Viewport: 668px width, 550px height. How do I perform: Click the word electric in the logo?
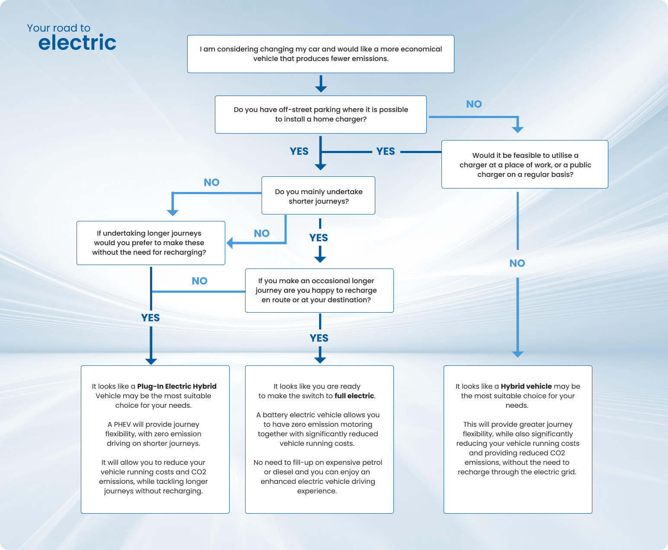(x=77, y=43)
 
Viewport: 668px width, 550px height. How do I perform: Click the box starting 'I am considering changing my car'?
(x=320, y=54)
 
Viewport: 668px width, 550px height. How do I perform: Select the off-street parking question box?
(x=320, y=115)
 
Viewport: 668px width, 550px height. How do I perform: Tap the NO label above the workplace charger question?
(x=474, y=104)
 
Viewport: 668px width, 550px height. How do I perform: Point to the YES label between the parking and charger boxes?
(x=385, y=151)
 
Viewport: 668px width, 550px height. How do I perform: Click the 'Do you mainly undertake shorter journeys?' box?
(x=318, y=196)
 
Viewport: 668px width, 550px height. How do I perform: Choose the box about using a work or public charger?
(x=524, y=165)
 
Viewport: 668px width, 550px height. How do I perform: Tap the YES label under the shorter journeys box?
(x=319, y=238)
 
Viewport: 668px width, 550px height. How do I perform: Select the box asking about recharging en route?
(x=319, y=291)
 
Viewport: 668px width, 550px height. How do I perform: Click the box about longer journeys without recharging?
(x=150, y=243)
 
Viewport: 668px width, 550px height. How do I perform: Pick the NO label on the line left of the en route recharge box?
(x=199, y=281)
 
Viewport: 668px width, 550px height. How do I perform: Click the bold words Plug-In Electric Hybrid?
(x=176, y=387)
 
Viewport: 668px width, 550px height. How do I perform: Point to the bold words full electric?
(x=354, y=396)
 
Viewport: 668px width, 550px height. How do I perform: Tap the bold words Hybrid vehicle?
(x=526, y=387)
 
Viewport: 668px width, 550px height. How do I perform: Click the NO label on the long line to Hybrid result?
(x=517, y=263)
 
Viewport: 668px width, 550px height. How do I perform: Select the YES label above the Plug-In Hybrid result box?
(x=150, y=318)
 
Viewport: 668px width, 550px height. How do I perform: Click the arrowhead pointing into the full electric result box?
(x=320, y=359)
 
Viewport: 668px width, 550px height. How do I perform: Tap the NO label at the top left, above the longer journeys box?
(x=211, y=182)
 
